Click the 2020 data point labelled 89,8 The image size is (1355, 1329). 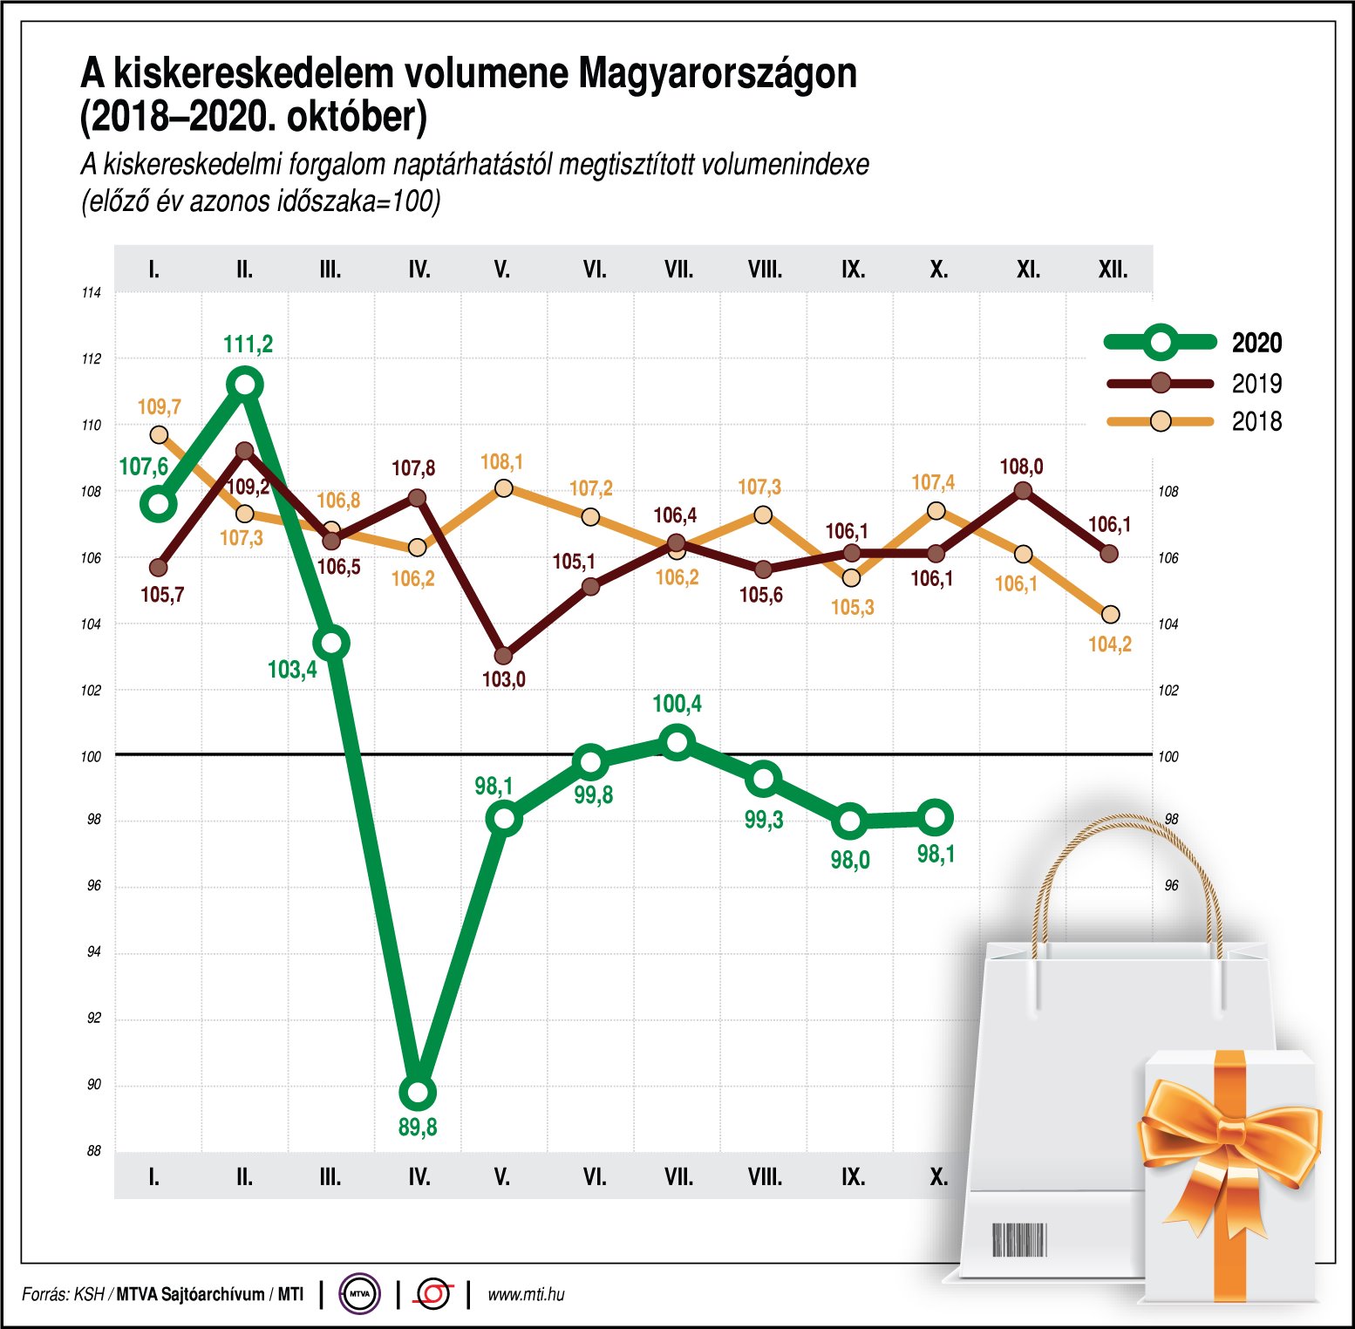pyautogui.click(x=418, y=1092)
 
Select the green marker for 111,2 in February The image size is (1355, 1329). pyautogui.click(x=245, y=384)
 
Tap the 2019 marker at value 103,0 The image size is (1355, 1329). pyautogui.click(x=503, y=655)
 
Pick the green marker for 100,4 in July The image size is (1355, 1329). pyautogui.click(x=677, y=743)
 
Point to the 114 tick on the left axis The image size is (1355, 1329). pyautogui.click(x=91, y=293)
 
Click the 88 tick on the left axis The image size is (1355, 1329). pyautogui.click(x=93, y=1151)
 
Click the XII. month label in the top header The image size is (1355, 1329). pyautogui.click(x=1113, y=269)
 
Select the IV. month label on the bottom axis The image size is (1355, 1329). pyautogui.click(x=419, y=1177)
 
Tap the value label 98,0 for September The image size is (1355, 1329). pyautogui.click(x=849, y=861)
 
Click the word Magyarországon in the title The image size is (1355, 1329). pyautogui.click(x=718, y=74)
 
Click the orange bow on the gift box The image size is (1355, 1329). pyautogui.click(x=1229, y=1134)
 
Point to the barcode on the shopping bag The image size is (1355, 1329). pyautogui.click(x=1018, y=1239)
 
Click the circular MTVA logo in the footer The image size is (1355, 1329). pyautogui.click(x=359, y=1294)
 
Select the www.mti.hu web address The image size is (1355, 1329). pyautogui.click(x=526, y=1294)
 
